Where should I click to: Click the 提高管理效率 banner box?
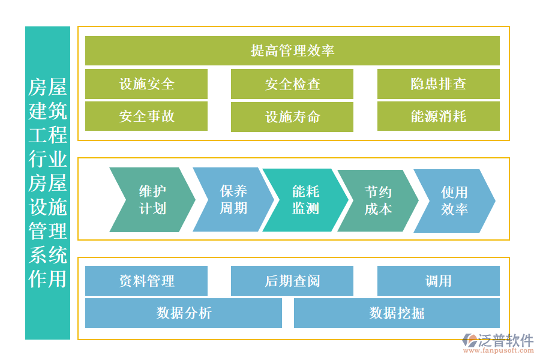[292, 50]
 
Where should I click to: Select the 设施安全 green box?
[146, 84]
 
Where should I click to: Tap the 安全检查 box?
[292, 84]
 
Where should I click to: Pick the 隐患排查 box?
[438, 84]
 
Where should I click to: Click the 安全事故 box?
[146, 116]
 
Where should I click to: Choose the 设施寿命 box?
[292, 116]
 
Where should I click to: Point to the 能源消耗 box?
[438, 116]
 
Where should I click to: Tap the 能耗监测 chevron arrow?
[305, 200]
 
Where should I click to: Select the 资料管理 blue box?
[146, 281]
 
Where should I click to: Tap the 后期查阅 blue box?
[292, 281]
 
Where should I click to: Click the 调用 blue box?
[438, 281]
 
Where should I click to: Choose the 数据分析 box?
[184, 313]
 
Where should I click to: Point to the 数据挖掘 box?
[397, 313]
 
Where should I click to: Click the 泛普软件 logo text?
[506, 341]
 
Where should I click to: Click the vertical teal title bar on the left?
[47, 183]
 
